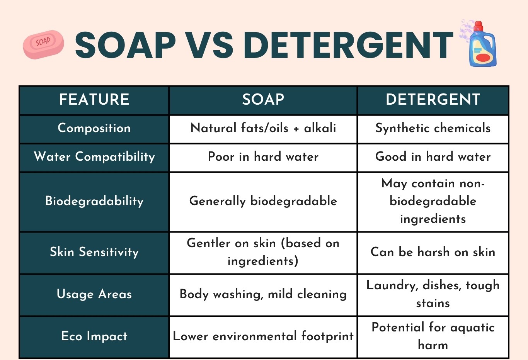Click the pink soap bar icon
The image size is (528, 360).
(x=43, y=44)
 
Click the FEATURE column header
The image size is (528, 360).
(x=94, y=100)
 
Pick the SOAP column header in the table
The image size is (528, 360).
(x=263, y=100)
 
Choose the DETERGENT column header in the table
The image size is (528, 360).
(x=433, y=100)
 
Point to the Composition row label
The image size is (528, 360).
(x=94, y=128)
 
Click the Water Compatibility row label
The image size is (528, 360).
(x=94, y=157)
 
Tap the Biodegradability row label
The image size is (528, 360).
(x=94, y=201)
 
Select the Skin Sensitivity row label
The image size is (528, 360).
(x=94, y=252)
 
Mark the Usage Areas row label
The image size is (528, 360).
(x=94, y=294)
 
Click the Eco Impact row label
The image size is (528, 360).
(x=94, y=336)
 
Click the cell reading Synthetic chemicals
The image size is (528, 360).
(x=433, y=128)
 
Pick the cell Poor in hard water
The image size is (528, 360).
(x=263, y=157)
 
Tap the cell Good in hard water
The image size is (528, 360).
(x=433, y=157)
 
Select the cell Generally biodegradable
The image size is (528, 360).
(x=263, y=201)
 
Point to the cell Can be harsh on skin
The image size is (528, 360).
(x=433, y=252)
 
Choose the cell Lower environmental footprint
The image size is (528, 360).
(x=263, y=336)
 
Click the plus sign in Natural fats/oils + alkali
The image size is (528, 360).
(x=296, y=129)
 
